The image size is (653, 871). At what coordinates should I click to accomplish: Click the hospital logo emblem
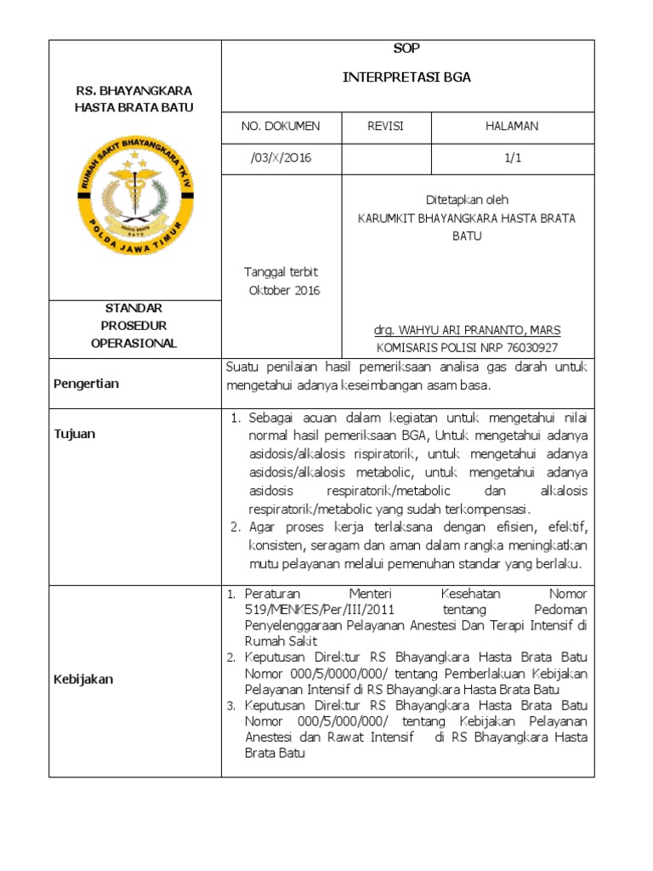(134, 202)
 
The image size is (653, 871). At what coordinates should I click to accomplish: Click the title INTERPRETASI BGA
(406, 77)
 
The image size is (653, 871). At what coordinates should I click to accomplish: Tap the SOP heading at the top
(406, 48)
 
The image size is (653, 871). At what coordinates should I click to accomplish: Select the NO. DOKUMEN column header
(281, 127)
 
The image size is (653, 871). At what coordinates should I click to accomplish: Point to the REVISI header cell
(385, 127)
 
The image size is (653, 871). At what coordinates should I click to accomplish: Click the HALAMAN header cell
(512, 127)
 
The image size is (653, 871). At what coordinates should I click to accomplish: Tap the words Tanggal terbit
(281, 272)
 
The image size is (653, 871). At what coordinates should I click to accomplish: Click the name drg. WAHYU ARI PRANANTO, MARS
(467, 329)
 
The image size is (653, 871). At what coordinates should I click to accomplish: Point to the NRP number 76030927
(532, 347)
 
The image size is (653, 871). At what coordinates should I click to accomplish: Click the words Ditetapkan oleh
(467, 200)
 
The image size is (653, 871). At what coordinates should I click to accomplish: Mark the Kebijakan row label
(84, 680)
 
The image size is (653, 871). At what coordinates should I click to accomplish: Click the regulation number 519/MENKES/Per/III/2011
(321, 610)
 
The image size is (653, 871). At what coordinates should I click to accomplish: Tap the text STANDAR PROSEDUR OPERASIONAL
(134, 325)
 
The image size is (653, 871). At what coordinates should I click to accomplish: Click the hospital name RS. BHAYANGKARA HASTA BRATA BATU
(134, 98)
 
